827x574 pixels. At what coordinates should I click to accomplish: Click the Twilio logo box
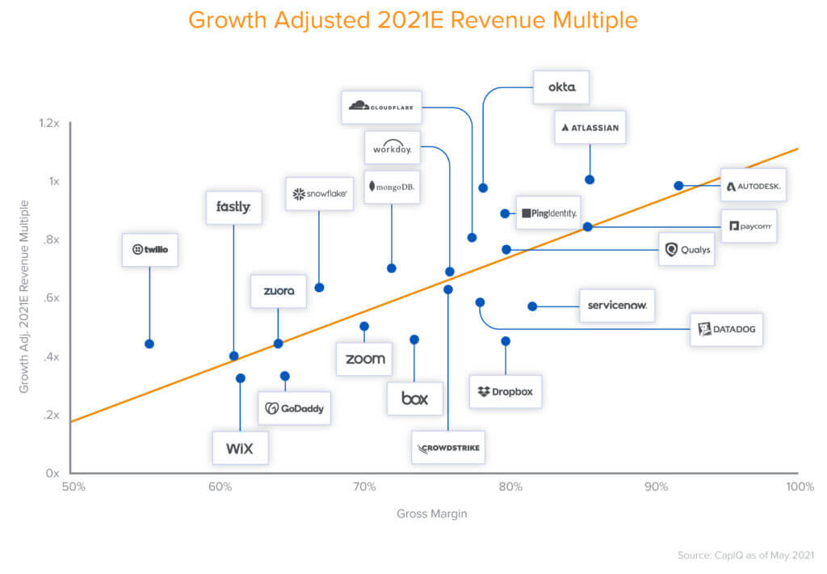[x=149, y=250]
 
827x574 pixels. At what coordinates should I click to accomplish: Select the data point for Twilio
[x=149, y=344]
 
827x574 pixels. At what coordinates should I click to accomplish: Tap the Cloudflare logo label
[x=381, y=106]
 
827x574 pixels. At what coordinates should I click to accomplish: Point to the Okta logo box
[x=561, y=87]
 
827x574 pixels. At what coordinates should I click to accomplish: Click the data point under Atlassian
[x=590, y=179]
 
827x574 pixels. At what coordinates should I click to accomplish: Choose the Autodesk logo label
[x=754, y=186]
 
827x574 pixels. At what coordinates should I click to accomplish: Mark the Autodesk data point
[x=678, y=185]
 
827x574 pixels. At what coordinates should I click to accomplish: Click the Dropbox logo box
[x=506, y=391]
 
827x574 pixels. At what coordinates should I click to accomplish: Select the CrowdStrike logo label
[x=448, y=448]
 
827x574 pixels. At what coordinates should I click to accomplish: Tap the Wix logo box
[x=240, y=448]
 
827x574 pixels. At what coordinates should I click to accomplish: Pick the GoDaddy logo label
[x=295, y=408]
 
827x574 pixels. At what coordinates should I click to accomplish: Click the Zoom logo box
[x=365, y=359]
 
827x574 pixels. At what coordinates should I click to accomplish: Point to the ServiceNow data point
[x=532, y=306]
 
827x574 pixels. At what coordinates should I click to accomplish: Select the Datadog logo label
[x=726, y=329]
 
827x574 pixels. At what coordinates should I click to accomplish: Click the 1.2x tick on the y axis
[x=49, y=123]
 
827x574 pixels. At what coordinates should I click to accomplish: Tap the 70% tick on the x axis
[x=365, y=487]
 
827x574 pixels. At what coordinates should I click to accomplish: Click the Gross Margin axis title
[x=431, y=513]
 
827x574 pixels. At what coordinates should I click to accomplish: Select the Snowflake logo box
[x=319, y=194]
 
